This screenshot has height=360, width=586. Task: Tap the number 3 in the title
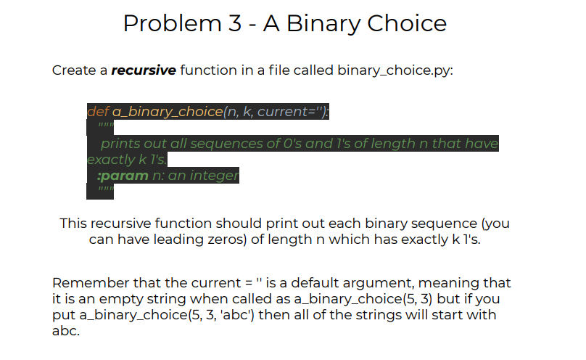(x=231, y=24)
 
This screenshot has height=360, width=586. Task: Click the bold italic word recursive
(x=144, y=70)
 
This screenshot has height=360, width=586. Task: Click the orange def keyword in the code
(x=96, y=112)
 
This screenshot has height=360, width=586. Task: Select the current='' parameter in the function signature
(x=293, y=112)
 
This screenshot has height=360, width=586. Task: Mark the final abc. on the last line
(x=66, y=331)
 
